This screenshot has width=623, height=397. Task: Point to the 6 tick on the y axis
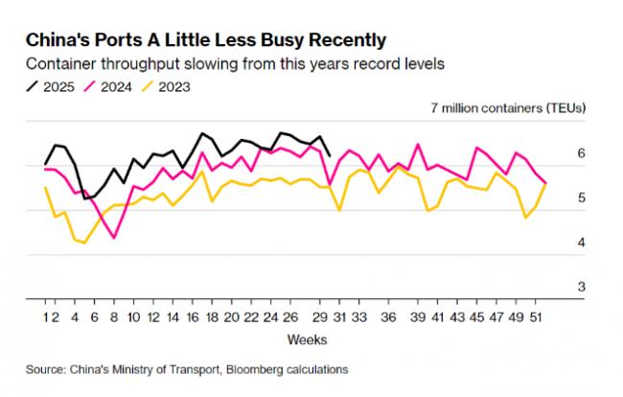[x=581, y=153]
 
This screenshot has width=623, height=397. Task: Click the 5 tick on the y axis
[x=581, y=198]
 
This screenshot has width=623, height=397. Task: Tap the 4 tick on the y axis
[x=581, y=243]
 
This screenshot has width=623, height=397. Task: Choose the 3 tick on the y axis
[x=581, y=287]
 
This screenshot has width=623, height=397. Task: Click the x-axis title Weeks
[x=307, y=339]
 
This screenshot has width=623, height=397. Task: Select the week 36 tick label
[x=388, y=315]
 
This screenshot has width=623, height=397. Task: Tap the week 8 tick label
[x=115, y=315]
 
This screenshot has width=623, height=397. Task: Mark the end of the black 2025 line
[x=331, y=154]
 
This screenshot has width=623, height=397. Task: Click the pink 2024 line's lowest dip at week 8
[x=115, y=237]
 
